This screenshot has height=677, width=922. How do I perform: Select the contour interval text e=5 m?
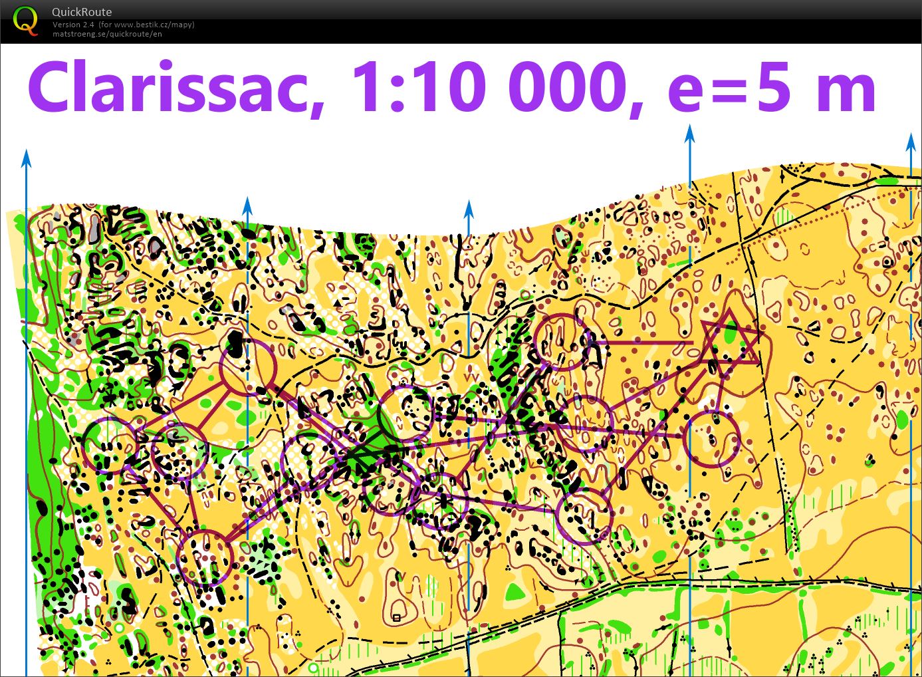pos(771,88)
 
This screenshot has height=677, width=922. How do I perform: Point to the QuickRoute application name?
pos(82,12)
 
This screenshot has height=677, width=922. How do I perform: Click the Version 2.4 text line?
pos(124,25)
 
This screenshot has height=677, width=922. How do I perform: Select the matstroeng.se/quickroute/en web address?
pos(107,34)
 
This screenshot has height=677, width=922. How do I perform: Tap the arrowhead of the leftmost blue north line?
pos(26,158)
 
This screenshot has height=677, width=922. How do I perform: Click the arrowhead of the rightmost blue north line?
pos(911,142)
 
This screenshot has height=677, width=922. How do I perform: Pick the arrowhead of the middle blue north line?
pos(469,208)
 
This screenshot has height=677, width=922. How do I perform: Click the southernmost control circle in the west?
pos(205,557)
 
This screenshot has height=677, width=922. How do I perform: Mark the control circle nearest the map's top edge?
pos(562,342)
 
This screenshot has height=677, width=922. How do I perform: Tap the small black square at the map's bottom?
pos(397,618)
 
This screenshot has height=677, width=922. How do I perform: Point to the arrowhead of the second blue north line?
pos(247,205)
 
